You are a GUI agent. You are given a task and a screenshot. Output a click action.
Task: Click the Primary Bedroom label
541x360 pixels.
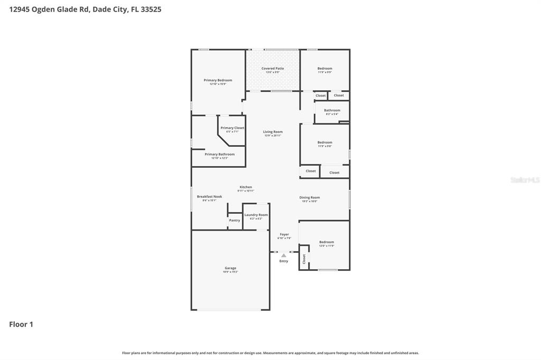218,80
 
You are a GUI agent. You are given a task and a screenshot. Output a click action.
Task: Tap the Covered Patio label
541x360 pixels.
273,69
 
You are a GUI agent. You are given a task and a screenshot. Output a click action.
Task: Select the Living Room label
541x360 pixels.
273,132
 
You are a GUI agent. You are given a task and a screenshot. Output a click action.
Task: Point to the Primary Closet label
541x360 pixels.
232,128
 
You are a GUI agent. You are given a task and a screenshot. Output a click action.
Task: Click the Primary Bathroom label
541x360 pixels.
219,154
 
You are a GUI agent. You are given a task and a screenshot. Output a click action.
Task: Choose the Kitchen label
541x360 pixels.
246,187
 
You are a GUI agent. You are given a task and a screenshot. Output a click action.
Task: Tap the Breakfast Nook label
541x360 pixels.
209,196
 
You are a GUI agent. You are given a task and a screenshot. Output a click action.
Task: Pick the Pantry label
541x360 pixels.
235,220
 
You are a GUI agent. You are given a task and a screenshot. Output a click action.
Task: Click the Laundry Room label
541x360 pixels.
256,215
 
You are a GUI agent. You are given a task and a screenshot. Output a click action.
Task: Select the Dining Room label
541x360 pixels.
310,197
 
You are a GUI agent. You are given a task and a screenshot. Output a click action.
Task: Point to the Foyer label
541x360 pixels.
284,234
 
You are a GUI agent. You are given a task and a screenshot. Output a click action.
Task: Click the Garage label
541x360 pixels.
230,268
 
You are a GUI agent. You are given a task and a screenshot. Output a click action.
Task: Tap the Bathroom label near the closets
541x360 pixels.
332,110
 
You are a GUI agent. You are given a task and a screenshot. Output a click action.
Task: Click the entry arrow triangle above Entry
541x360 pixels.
284,255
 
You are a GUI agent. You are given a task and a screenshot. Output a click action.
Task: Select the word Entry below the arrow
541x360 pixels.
284,261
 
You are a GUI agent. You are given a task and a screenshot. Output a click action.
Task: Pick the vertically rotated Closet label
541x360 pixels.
304,259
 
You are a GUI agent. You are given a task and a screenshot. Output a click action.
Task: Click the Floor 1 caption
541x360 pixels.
21,325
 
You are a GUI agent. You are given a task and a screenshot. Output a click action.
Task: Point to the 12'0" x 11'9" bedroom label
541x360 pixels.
327,242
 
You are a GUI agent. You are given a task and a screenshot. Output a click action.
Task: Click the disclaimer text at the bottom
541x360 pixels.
270,353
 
